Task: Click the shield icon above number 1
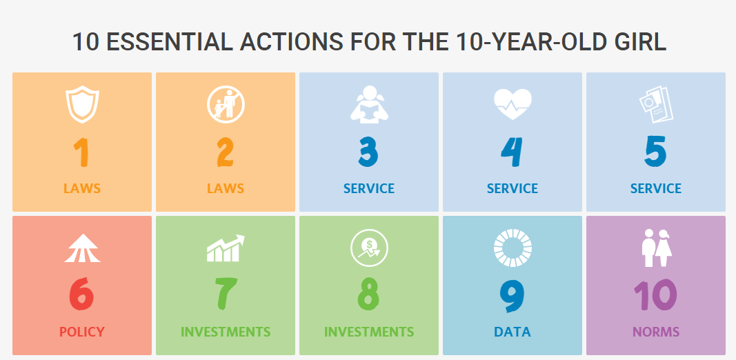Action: (82, 104)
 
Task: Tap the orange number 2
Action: (226, 152)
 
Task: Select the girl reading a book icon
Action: (369, 104)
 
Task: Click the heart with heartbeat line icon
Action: (513, 103)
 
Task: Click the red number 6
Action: (81, 294)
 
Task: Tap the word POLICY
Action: (82, 332)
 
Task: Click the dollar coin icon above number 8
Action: (369, 248)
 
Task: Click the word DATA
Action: (513, 332)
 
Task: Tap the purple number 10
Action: (656, 294)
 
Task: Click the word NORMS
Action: (656, 332)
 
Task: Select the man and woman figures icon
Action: (657, 248)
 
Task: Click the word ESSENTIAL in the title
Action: (170, 42)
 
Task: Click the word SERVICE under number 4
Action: (513, 188)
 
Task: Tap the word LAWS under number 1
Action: (82, 188)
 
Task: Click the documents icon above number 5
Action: (656, 104)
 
